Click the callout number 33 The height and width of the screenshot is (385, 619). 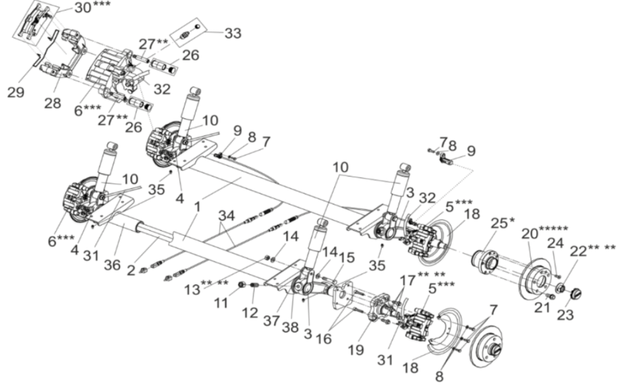pos(233,32)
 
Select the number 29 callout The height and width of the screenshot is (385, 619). pos(16,92)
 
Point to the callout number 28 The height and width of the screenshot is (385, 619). pos(53,104)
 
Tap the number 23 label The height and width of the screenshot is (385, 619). pos(565,314)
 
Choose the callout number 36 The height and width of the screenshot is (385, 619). pos(112,265)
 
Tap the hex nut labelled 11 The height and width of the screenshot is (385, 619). pos(240,284)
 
